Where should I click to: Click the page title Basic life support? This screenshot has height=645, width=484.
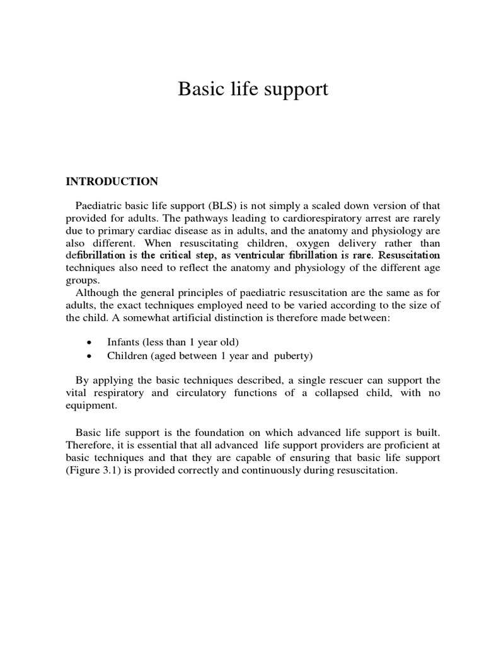(253, 89)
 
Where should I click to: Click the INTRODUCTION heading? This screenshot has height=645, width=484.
(112, 182)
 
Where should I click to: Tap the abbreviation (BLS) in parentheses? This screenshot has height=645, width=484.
(204, 206)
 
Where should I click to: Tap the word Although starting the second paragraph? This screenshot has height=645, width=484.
(97, 292)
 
